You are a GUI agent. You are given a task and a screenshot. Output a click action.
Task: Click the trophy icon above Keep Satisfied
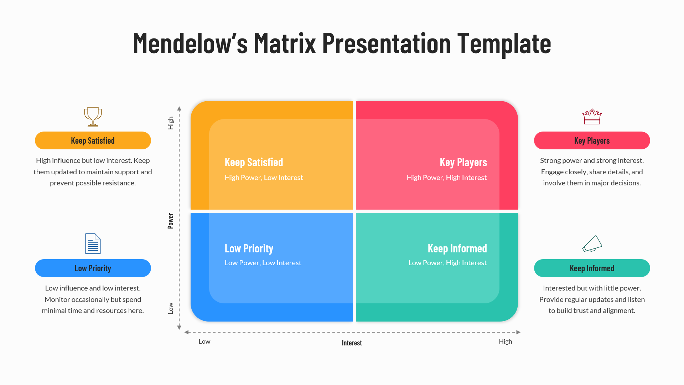point(93,117)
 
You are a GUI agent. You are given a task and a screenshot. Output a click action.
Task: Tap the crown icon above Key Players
point(592,117)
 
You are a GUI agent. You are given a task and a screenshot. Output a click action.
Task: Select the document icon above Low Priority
point(93,244)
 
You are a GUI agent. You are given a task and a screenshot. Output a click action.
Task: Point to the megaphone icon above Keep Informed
point(592,244)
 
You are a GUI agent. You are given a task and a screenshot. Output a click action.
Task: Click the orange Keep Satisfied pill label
point(93,140)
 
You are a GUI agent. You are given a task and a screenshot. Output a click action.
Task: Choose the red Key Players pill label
point(592,140)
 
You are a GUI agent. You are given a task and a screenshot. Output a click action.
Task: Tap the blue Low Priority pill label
point(93,268)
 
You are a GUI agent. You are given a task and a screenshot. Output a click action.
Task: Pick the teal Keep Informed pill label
point(592,268)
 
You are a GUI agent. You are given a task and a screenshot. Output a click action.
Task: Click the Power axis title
point(171,221)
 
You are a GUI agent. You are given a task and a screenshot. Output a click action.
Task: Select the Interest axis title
point(352,343)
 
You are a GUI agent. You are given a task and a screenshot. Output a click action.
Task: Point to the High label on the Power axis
point(171,123)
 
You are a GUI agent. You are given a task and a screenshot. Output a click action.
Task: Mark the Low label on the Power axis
point(171,308)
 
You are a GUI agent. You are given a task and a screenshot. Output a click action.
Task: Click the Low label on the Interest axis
point(204,342)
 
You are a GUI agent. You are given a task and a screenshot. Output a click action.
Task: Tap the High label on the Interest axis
point(505,342)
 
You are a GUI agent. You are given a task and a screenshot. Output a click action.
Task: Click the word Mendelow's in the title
point(190,43)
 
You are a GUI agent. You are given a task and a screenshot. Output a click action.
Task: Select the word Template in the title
point(504,43)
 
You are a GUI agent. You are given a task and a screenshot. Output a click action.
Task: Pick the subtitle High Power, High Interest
point(446,178)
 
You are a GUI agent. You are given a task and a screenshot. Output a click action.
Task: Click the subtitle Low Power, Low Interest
point(263,263)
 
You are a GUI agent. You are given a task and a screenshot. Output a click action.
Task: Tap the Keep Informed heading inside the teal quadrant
point(457,248)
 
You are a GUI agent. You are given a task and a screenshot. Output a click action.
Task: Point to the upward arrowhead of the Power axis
point(179,108)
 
